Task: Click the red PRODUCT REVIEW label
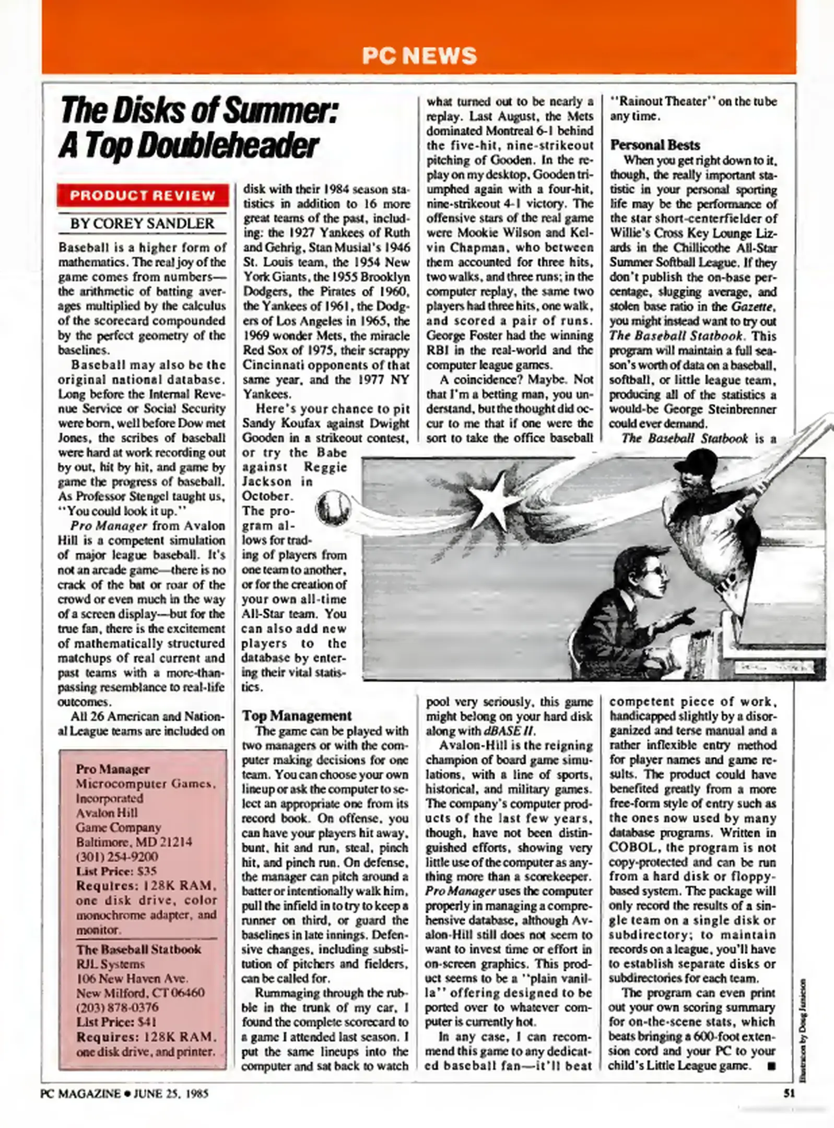pyautogui.click(x=143, y=196)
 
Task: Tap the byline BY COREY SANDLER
pyautogui.click(x=143, y=224)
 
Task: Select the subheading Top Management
pyautogui.click(x=297, y=715)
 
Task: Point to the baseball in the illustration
pyautogui.click(x=333, y=507)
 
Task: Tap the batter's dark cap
pyautogui.click(x=692, y=461)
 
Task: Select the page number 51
pyautogui.click(x=789, y=1093)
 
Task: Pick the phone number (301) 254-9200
pyautogui.click(x=117, y=856)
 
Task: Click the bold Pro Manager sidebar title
pyautogui.click(x=113, y=769)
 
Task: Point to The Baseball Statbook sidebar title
pyautogui.click(x=138, y=949)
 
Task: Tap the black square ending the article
pyautogui.click(x=770, y=1066)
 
